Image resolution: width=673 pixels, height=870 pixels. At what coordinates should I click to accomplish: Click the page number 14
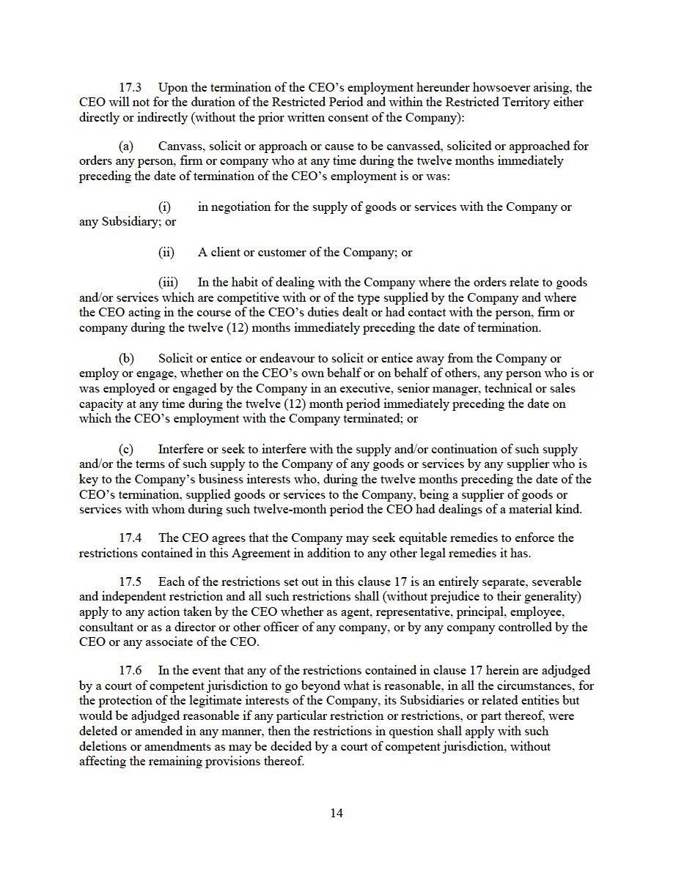[x=336, y=813]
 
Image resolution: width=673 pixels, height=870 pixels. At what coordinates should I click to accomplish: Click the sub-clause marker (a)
[x=126, y=146]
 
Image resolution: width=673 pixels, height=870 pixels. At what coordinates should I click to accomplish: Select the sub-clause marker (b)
[x=126, y=359]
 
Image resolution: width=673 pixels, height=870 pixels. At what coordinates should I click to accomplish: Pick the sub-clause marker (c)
[x=126, y=449]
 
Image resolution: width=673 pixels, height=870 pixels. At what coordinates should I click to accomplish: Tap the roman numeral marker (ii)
[x=166, y=253]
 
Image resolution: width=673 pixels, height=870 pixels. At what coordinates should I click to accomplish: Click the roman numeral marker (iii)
[x=168, y=283]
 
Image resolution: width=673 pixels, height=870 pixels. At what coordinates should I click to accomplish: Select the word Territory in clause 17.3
[x=524, y=103]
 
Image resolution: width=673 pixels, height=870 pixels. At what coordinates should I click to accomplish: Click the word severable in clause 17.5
[x=534, y=582]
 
